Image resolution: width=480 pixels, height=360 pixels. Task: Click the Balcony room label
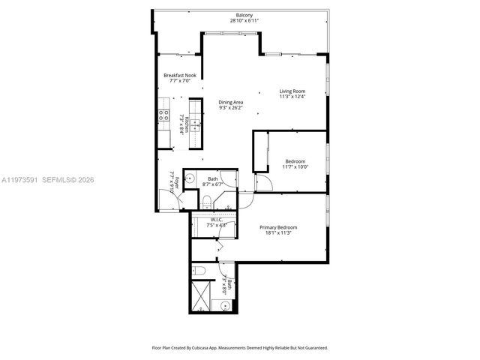244,15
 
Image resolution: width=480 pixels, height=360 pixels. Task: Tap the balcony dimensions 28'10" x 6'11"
244,21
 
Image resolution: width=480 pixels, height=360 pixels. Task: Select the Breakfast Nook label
179,76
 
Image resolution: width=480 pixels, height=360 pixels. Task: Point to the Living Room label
292,91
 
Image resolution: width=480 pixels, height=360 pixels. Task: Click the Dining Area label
230,102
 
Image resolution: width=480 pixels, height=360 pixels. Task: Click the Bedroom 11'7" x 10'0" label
295,160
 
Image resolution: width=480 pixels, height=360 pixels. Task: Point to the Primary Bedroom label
278,227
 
